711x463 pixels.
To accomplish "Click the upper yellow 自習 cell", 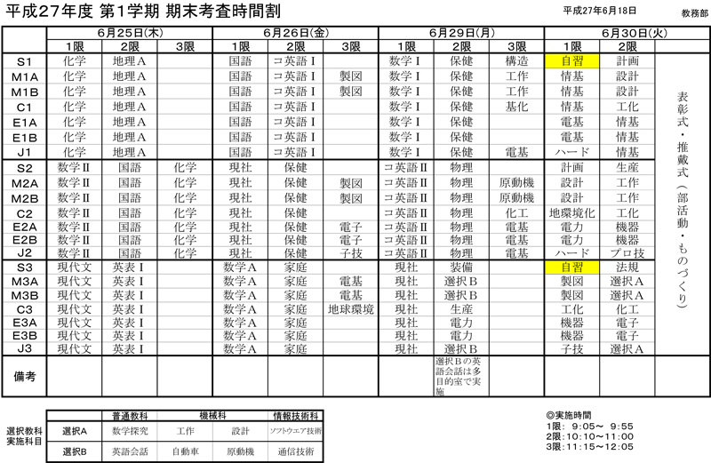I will [x=571, y=61].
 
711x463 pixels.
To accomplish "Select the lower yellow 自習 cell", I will [x=571, y=267].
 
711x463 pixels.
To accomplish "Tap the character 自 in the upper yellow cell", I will [x=566, y=61].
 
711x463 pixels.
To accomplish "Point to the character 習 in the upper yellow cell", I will [x=578, y=61].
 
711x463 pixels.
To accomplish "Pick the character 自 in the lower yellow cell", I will [x=566, y=267].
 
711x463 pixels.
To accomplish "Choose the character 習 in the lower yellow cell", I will [x=578, y=267].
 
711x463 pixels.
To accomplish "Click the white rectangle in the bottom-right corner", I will [x=682, y=430].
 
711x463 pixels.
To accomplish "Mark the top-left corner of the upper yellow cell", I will [x=546, y=55].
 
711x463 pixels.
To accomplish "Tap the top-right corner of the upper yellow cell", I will [x=598, y=55].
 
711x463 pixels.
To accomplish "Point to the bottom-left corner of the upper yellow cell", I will [x=546, y=68].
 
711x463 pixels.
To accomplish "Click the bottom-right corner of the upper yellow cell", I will [x=598, y=68].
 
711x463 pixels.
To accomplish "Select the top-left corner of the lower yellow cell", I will [x=546, y=261].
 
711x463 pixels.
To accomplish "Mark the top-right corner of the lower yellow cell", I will [x=598, y=261].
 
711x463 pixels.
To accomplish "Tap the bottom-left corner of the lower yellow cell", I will [x=546, y=274].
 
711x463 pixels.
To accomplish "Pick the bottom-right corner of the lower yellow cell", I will [x=598, y=274].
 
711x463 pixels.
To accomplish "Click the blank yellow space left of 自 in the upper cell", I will [x=552, y=61].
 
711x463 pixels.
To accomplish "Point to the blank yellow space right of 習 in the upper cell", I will [x=592, y=61].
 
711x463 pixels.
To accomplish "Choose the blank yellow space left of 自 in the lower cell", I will [x=552, y=267].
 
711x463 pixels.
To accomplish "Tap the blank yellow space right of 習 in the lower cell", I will [x=592, y=267].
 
